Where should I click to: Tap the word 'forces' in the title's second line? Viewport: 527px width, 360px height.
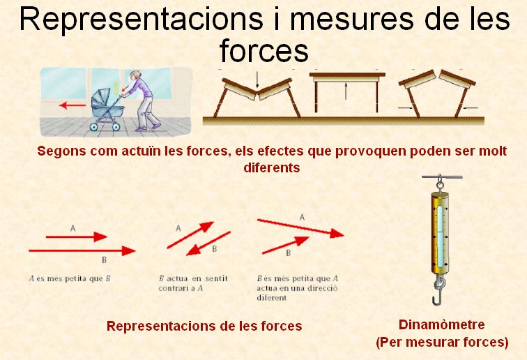[x=263, y=51]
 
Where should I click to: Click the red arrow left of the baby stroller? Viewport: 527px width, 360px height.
[x=72, y=105]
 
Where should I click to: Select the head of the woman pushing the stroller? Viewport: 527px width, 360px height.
[x=135, y=76]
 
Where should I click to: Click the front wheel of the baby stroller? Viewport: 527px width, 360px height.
[x=94, y=126]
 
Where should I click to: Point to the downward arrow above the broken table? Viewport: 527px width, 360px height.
[x=257, y=80]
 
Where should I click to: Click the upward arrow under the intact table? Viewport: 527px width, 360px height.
[x=346, y=91]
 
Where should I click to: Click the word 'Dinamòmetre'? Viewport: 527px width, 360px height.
[x=442, y=324]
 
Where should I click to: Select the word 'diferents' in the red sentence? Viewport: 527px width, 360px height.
[x=272, y=167]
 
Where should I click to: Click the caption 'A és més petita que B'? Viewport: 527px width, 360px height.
[x=70, y=278]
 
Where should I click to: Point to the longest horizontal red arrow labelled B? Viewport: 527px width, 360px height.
[x=82, y=250]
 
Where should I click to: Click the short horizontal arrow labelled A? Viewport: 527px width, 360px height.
[x=76, y=237]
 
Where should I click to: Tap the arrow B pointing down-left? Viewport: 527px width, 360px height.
[x=208, y=243]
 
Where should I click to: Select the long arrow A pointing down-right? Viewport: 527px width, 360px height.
[x=301, y=228]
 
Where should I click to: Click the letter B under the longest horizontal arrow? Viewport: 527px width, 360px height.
[x=104, y=260]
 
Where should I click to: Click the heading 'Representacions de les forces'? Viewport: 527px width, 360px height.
[x=204, y=326]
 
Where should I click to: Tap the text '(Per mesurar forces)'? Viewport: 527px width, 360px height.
[x=442, y=342]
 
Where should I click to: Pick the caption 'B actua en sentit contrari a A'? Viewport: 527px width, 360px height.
[x=193, y=283]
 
